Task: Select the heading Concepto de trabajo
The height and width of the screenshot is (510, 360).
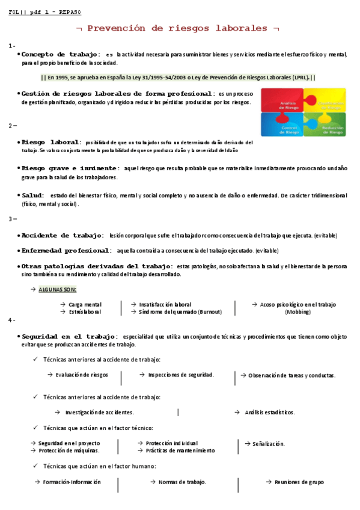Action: [x=57, y=54]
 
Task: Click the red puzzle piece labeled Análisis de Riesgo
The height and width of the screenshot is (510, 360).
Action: [x=281, y=103]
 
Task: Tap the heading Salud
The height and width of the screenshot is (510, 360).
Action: [x=32, y=195]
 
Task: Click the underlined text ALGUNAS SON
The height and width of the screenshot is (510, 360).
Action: [x=57, y=289]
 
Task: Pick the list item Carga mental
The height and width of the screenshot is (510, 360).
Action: [x=85, y=304]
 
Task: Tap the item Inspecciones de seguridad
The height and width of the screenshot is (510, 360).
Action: [x=181, y=375]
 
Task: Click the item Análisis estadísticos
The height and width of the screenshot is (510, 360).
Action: [x=269, y=413]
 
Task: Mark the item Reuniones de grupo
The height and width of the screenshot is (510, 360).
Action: [x=299, y=482]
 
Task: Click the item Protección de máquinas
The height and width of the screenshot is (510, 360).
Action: [x=69, y=450]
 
